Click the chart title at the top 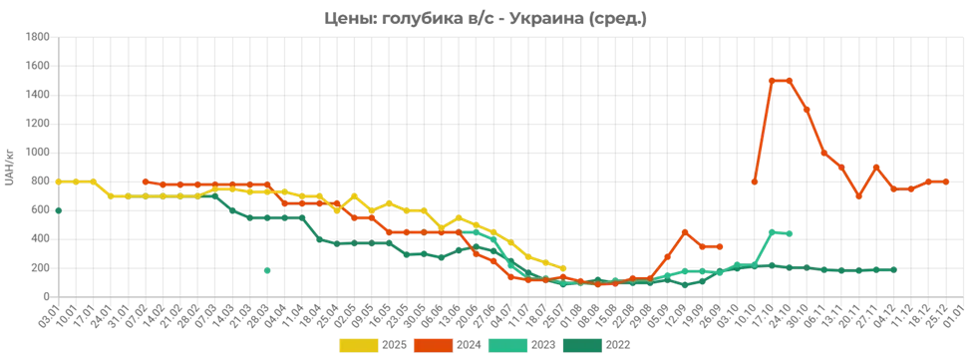[x=485, y=16]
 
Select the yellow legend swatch [x=359, y=345]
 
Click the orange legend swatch [x=434, y=345]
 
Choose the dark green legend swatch [x=582, y=345]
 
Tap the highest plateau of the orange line [x=781, y=78]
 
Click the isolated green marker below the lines [x=267, y=270]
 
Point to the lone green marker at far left [x=59, y=210]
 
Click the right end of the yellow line [x=564, y=268]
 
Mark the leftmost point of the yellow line [x=56, y=181]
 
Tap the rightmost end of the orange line [x=946, y=181]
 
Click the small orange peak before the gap [x=685, y=229]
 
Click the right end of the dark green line [x=897, y=269]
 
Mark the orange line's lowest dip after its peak [x=858, y=196]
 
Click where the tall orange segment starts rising [x=753, y=182]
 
